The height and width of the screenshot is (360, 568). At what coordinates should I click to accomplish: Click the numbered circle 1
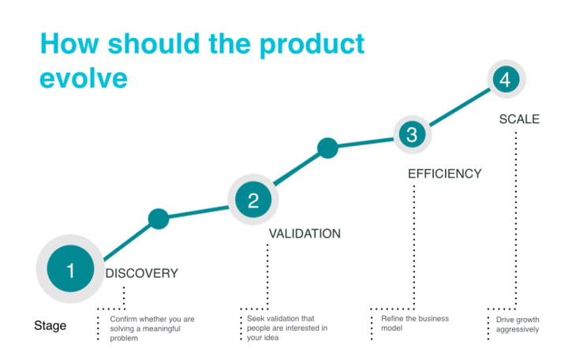click(x=70, y=268)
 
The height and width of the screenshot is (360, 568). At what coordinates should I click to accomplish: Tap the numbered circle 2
click(x=253, y=200)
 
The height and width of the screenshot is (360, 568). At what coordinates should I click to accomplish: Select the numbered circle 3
click(x=413, y=134)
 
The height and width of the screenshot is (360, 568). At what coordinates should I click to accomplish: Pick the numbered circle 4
click(x=506, y=79)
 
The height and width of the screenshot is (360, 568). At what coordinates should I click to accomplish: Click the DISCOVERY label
click(x=142, y=273)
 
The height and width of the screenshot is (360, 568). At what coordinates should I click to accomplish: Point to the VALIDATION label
click(x=305, y=234)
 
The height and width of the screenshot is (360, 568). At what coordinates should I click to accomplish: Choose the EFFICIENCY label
click(x=444, y=174)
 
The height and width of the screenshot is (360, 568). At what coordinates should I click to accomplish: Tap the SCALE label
click(x=519, y=119)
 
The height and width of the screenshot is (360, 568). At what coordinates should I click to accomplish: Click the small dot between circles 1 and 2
click(x=159, y=219)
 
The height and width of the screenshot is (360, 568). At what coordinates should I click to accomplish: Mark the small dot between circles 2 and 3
click(x=328, y=148)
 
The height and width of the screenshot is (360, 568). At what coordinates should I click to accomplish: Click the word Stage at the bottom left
click(x=50, y=325)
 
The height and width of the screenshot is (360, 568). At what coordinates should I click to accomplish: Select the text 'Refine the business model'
click(x=415, y=324)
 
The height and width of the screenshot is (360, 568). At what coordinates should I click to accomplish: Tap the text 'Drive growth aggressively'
click(x=518, y=324)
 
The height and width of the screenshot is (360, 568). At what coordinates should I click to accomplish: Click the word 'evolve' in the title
click(x=84, y=78)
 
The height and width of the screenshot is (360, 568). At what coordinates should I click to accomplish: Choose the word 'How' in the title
click(x=69, y=43)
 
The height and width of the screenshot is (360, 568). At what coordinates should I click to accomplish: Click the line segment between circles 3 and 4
click(x=459, y=107)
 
